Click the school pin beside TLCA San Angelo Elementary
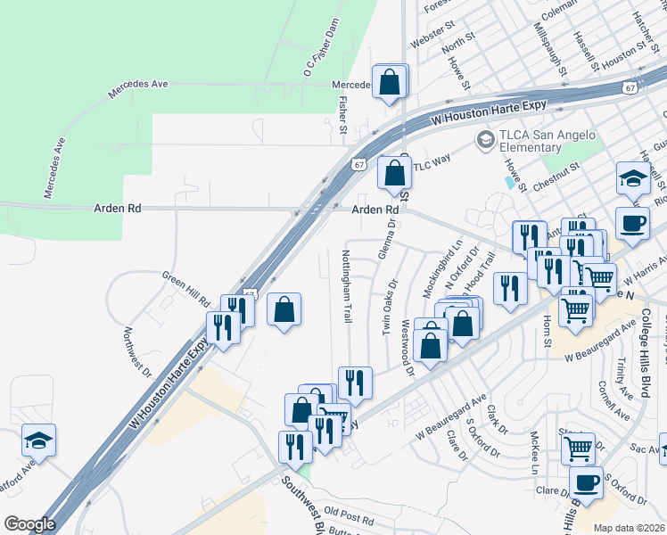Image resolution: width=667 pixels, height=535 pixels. click(485, 139)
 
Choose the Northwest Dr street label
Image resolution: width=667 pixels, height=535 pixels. click(137, 351)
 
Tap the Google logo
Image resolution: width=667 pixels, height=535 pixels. click(29, 524)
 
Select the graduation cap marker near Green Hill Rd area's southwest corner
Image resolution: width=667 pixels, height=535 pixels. click(39, 440)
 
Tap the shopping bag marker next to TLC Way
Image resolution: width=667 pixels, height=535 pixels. click(393, 173)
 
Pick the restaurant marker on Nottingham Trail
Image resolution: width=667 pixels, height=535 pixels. click(355, 382)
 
